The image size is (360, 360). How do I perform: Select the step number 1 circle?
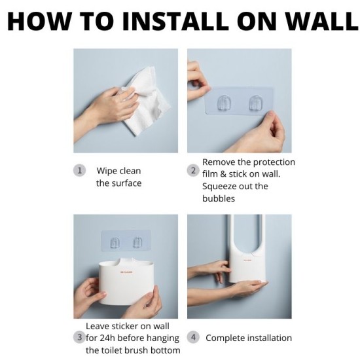pos(79,171)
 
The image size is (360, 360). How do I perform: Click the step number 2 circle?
pos(193,171)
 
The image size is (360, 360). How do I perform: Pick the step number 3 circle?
pos(79,338)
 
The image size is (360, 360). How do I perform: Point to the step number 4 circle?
pos(193,338)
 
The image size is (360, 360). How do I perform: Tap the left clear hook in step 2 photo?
pos(224,102)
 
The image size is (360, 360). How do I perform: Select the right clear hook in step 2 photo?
pos(256,102)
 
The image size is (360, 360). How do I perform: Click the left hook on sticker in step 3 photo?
pos(115,242)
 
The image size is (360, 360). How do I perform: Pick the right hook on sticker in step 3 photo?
pos(137,242)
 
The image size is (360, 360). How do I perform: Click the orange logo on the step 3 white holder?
pos(126,272)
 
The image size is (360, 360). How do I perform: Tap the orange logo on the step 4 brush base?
pos(247,260)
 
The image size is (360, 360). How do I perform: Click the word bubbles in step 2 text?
pos(219,198)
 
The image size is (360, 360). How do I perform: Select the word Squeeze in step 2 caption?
pos(221,187)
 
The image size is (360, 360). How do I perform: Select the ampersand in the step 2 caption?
pos(223,174)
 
